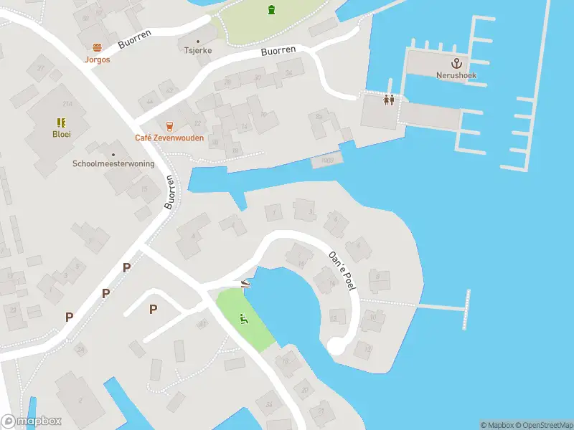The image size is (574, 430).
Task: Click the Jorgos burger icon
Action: pyautogui.click(x=98, y=47)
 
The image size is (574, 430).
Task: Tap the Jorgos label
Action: pyautogui.click(x=98, y=59)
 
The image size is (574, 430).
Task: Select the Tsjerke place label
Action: pyautogui.click(x=199, y=51)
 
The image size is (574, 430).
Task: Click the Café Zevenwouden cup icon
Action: pyautogui.click(x=169, y=126)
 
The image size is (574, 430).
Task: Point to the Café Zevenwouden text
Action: pyautogui.click(x=169, y=138)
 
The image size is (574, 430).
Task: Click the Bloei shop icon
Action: pyautogui.click(x=62, y=123)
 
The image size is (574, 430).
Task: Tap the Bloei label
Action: pyautogui.click(x=62, y=134)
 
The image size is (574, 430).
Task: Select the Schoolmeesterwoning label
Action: pyautogui.click(x=113, y=163)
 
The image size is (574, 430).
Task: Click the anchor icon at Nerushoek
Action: pyautogui.click(x=456, y=63)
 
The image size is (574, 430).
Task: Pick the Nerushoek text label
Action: pyautogui.click(x=456, y=75)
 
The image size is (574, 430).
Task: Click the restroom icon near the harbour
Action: pyautogui.click(x=389, y=100)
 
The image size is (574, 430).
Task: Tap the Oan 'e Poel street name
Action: pyautogui.click(x=343, y=270)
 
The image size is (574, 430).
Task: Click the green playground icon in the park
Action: pyautogui.click(x=244, y=318)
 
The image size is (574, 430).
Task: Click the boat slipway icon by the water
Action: pyautogui.click(x=245, y=283)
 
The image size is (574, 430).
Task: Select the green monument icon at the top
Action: pyautogui.click(x=271, y=10)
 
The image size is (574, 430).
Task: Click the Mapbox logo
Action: pyautogui.click(x=32, y=421)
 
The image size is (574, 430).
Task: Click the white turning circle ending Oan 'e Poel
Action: pyautogui.click(x=336, y=346)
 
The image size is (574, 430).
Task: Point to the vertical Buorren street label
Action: pyautogui.click(x=170, y=191)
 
